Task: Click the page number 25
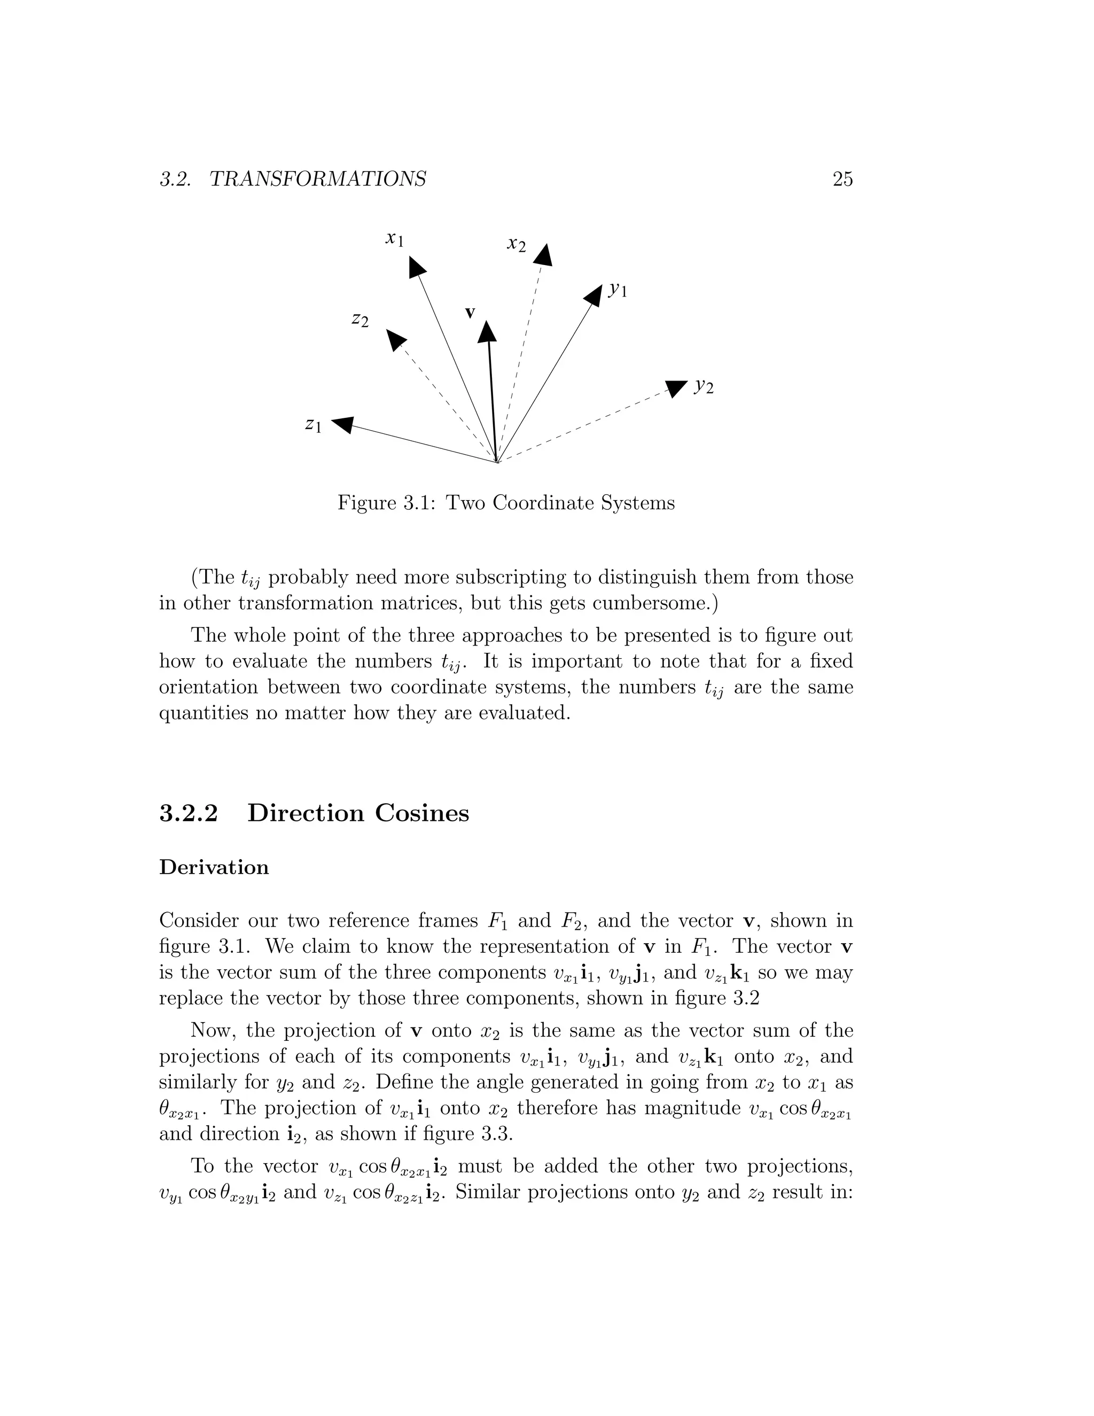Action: pyautogui.click(x=842, y=179)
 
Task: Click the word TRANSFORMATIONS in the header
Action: pyautogui.click(x=318, y=179)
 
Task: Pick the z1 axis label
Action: pyautogui.click(x=313, y=425)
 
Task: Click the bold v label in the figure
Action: pyautogui.click(x=471, y=313)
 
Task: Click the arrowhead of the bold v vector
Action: pyautogui.click(x=487, y=332)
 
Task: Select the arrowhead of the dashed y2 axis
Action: pyautogui.click(x=675, y=388)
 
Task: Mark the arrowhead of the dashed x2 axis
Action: pyautogui.click(x=544, y=255)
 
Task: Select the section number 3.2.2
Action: pyautogui.click(x=189, y=813)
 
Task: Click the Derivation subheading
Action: pyautogui.click(x=214, y=867)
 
